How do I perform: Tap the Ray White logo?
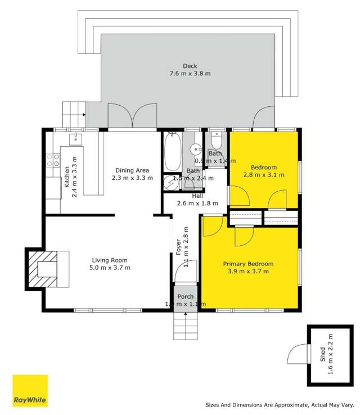(x=30, y=391)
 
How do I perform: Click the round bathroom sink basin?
(x=195, y=150)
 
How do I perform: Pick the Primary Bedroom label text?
(x=248, y=264)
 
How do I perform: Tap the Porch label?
(x=186, y=296)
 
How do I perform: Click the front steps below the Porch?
(x=186, y=326)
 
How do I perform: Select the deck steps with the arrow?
(x=73, y=114)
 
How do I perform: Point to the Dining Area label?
(x=132, y=170)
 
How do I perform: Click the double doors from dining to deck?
(x=132, y=116)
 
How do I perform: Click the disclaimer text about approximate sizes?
(x=280, y=404)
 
